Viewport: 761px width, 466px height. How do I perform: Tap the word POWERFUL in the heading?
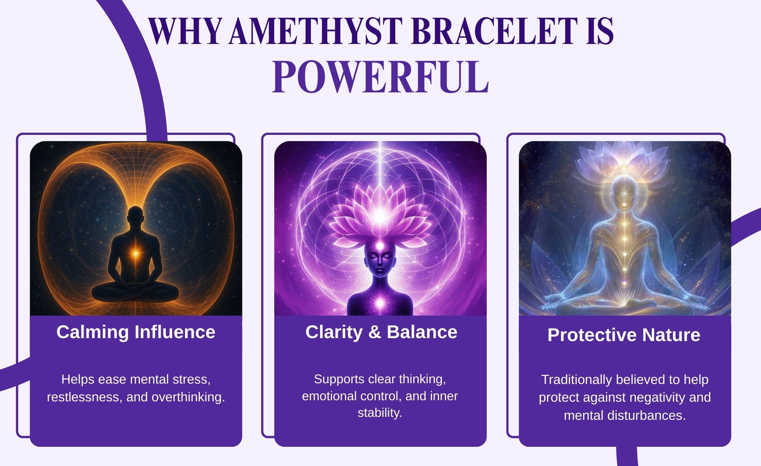tap(380, 77)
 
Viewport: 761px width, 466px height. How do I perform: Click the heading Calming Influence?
tap(136, 332)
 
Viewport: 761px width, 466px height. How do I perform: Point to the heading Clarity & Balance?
tap(381, 332)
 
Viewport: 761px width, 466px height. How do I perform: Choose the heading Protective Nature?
tap(624, 335)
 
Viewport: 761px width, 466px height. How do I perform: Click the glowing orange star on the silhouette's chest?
tap(136, 254)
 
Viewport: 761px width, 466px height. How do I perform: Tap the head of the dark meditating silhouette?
tap(136, 216)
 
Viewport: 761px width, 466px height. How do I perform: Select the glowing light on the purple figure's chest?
tap(380, 303)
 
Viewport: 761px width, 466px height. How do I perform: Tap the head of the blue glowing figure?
tap(624, 192)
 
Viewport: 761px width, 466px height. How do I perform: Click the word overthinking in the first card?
tap(188, 397)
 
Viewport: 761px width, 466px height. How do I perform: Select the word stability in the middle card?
tap(380, 412)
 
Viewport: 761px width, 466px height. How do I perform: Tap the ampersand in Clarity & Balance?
tap(375, 332)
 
